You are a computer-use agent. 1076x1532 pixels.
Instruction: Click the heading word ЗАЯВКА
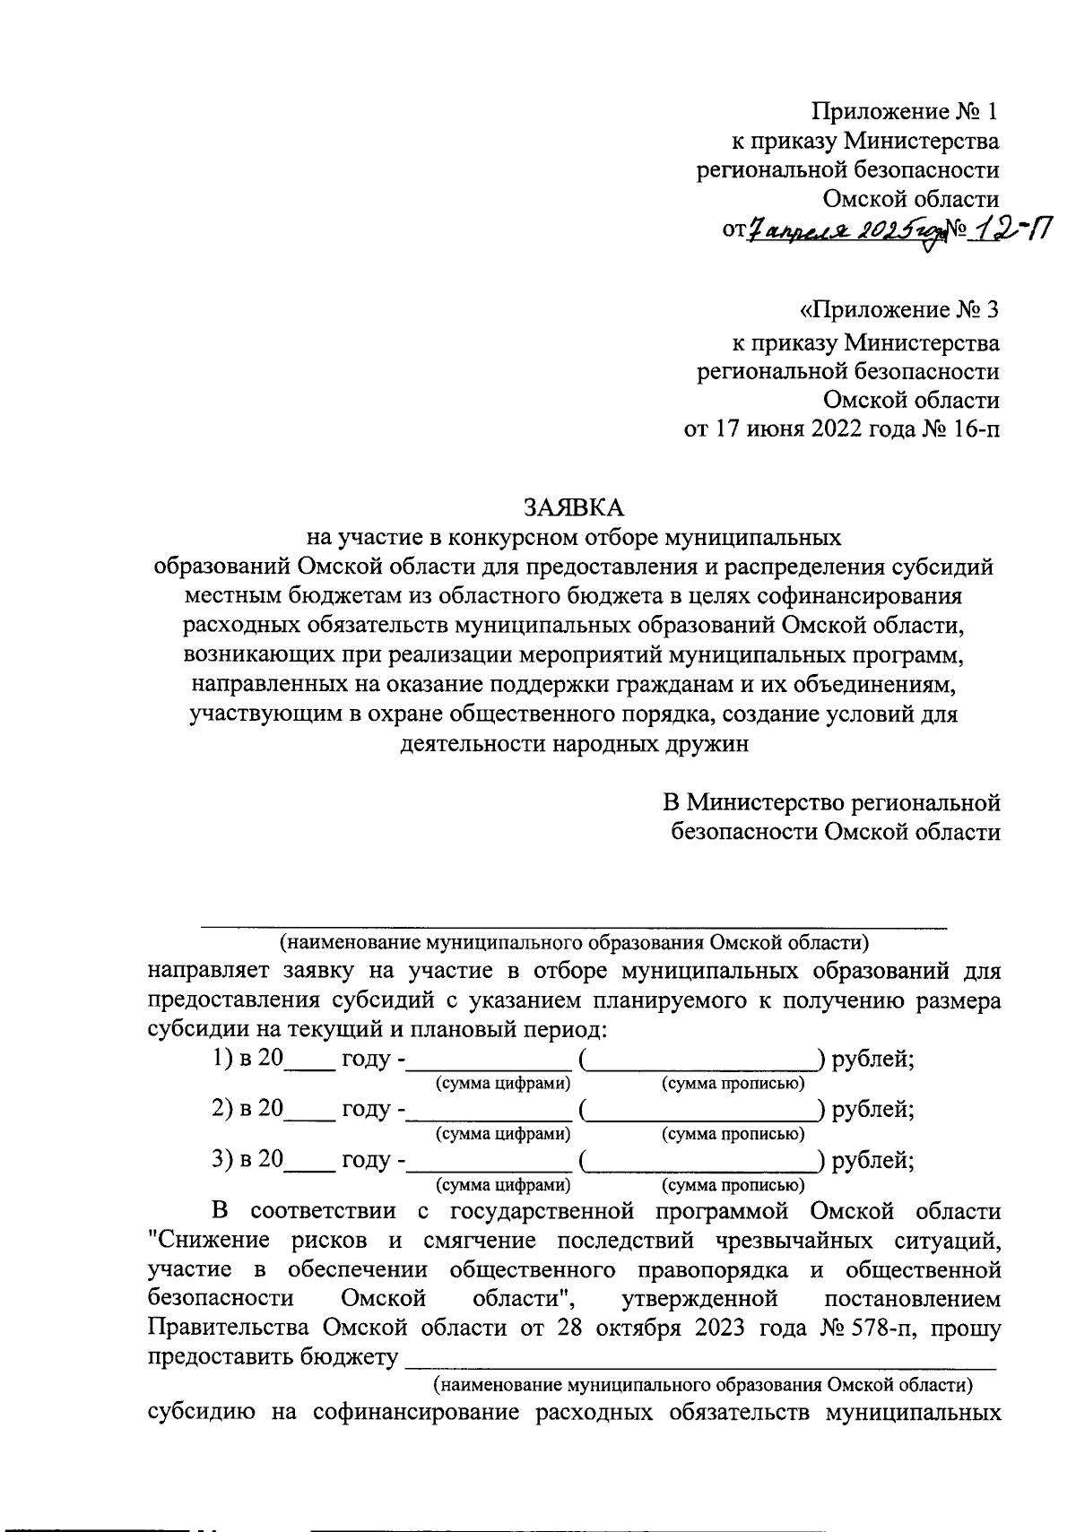(x=573, y=507)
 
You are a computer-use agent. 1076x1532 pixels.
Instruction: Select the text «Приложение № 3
(x=898, y=311)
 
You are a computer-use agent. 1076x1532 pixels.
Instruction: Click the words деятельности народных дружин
(x=573, y=744)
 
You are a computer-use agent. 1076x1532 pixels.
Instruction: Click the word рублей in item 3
(x=872, y=1160)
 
